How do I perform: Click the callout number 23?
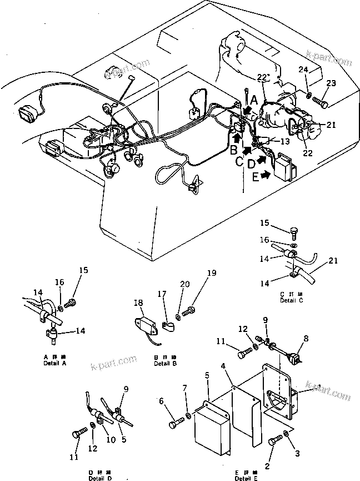click(x=332, y=83)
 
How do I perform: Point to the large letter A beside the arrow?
click(x=253, y=100)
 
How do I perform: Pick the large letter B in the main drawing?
click(x=233, y=149)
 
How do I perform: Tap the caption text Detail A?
click(x=55, y=363)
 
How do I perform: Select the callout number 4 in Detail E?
click(x=223, y=365)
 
